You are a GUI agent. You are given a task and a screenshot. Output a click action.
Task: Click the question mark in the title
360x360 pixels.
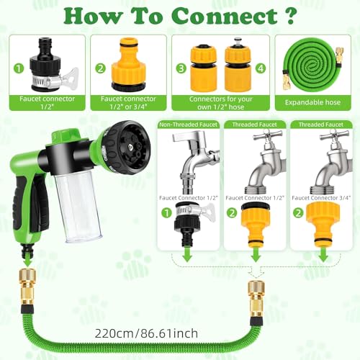(x=290, y=16)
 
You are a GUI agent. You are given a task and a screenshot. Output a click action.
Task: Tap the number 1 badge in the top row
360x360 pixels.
(x=19, y=68)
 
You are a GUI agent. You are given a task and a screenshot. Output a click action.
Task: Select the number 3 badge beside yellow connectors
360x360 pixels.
(x=181, y=68)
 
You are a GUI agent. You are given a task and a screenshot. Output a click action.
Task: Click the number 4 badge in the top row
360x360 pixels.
(x=261, y=68)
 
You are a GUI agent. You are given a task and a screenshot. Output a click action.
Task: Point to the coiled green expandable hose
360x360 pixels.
(x=312, y=66)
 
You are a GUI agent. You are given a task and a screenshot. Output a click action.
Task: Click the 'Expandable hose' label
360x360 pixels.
(x=312, y=102)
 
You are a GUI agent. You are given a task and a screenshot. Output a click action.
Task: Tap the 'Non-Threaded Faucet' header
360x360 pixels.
(x=188, y=125)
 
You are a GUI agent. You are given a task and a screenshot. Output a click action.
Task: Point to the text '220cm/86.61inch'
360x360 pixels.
(x=146, y=333)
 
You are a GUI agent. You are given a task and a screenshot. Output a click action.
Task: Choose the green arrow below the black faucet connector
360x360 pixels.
(x=187, y=255)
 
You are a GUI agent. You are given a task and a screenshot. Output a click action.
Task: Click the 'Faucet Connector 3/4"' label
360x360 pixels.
(x=321, y=198)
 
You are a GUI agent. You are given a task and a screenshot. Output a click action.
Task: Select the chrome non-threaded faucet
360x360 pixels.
(x=194, y=161)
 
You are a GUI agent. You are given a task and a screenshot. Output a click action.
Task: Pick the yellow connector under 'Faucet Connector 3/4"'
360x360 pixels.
(x=323, y=225)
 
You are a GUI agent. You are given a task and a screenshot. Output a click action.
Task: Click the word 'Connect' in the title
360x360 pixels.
(x=225, y=16)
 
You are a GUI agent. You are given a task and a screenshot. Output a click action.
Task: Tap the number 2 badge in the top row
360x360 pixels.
(x=100, y=68)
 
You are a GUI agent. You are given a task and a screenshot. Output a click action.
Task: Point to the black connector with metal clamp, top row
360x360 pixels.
(x=51, y=64)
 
